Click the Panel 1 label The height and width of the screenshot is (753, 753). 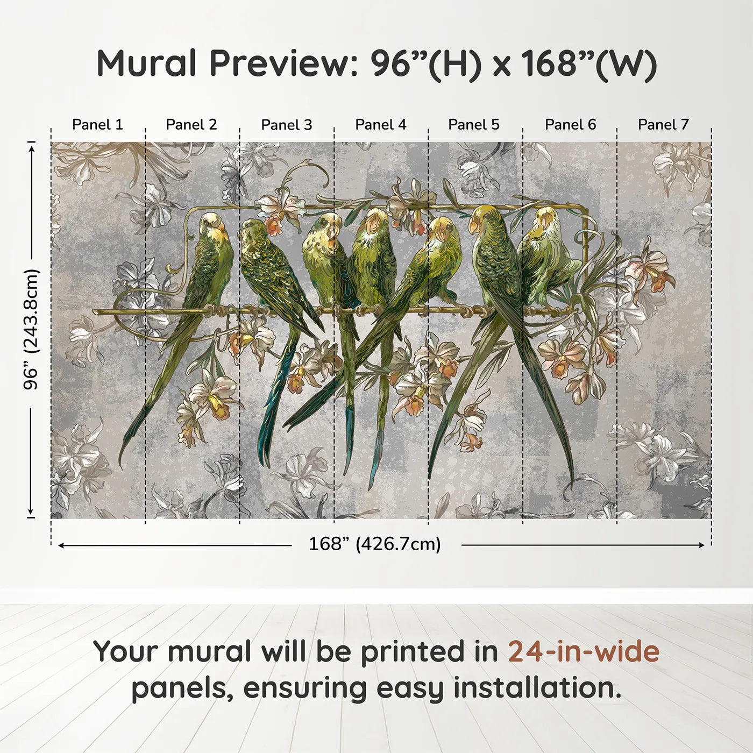[x=97, y=125]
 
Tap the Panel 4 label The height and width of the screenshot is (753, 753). [x=381, y=125]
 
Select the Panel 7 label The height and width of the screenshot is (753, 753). [x=663, y=125]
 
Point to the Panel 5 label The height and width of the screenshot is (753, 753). [x=474, y=125]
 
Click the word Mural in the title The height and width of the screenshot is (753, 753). [x=146, y=63]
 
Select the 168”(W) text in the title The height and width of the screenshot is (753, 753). [x=588, y=63]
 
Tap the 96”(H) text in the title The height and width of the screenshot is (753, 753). [x=425, y=63]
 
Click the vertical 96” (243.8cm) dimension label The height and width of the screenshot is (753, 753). [x=31, y=329]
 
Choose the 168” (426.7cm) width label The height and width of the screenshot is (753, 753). [x=374, y=544]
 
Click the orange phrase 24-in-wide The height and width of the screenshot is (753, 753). [x=584, y=651]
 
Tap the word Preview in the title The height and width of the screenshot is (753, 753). [x=280, y=63]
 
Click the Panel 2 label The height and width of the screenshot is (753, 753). [x=191, y=125]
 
